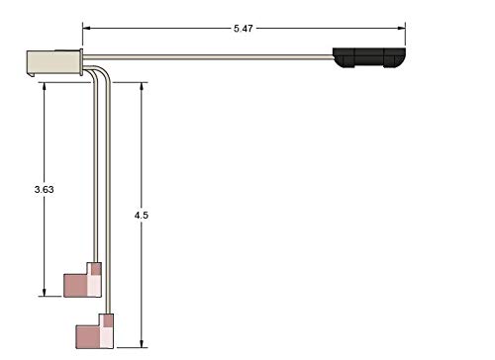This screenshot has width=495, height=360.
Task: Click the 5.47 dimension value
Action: pos(244,29)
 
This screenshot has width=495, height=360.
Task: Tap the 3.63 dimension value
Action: pos(44,190)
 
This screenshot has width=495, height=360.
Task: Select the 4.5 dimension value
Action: pos(142,216)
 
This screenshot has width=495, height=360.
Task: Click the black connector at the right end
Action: pos(369,57)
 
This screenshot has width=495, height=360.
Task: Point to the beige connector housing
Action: pos(54,62)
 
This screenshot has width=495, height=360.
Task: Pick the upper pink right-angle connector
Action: pos(82,280)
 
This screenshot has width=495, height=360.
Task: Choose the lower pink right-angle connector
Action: pos(95,331)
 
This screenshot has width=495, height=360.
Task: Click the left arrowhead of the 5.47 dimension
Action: pos(86,29)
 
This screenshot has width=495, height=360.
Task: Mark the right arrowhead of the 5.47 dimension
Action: pos(401,29)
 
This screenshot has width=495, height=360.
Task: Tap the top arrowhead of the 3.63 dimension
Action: pos(44,86)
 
